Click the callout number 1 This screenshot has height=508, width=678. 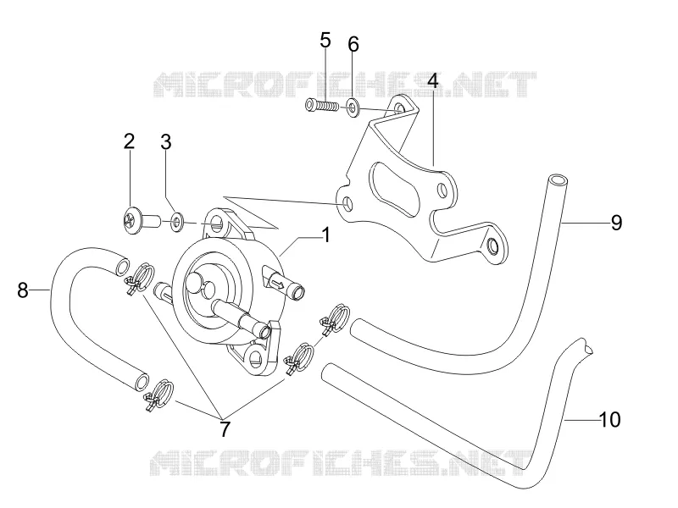pyautogui.click(x=326, y=235)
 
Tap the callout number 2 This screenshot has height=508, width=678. pyautogui.click(x=129, y=141)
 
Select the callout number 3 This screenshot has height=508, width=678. pyautogui.click(x=166, y=141)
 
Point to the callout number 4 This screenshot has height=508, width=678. pyautogui.click(x=433, y=80)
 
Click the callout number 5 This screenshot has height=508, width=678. pyautogui.click(x=325, y=40)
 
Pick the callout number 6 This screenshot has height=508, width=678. pyautogui.click(x=353, y=44)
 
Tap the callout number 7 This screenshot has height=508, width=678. pyautogui.click(x=225, y=429)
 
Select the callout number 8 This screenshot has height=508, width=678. pyautogui.click(x=23, y=290)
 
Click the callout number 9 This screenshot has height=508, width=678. pyautogui.click(x=617, y=223)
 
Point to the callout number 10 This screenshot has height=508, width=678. pyautogui.click(x=610, y=419)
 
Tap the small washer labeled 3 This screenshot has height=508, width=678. pyautogui.click(x=177, y=222)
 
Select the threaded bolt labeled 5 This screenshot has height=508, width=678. pyautogui.click(x=321, y=105)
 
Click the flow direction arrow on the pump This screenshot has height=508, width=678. pyautogui.click(x=278, y=284)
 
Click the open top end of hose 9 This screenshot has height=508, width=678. pyautogui.click(x=558, y=179)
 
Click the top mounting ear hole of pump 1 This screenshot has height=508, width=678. pyautogui.click(x=218, y=224)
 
